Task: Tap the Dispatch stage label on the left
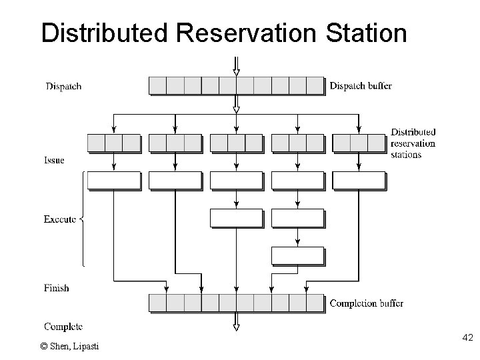pyautogui.click(x=63, y=86)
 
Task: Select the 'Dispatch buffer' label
pyautogui.click(x=361, y=86)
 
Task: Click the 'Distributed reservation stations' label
pyautogui.click(x=413, y=143)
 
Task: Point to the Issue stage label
pyautogui.click(x=55, y=161)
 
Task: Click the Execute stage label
pyautogui.click(x=59, y=219)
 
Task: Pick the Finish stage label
pyautogui.click(x=57, y=288)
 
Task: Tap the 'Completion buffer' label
pyautogui.click(x=366, y=304)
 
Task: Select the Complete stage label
pyautogui.click(x=63, y=326)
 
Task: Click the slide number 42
pyautogui.click(x=467, y=339)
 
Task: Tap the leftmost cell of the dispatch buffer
pyautogui.click(x=157, y=86)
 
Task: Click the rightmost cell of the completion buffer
pyautogui.click(x=315, y=303)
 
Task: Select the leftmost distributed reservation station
pyautogui.click(x=114, y=143)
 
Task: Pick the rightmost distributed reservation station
pyautogui.click(x=359, y=143)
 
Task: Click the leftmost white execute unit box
pyautogui.click(x=114, y=181)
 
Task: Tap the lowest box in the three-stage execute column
pyautogui.click(x=297, y=255)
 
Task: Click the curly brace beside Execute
pyautogui.click(x=83, y=219)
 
